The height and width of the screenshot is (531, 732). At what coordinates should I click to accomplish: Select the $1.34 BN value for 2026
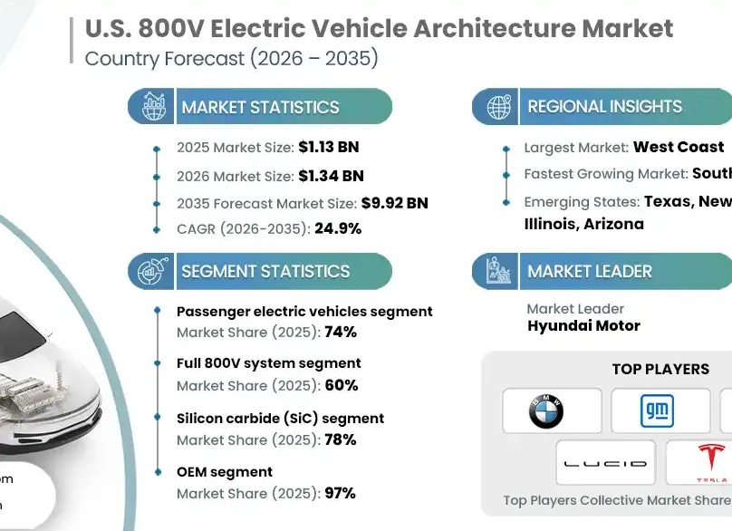pyautogui.click(x=331, y=176)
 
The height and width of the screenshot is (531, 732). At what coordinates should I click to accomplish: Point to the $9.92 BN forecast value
pyautogui.click(x=394, y=203)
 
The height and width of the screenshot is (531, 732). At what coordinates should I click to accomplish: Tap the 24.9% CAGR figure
pyautogui.click(x=338, y=228)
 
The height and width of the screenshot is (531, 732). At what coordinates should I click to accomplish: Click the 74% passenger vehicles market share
pyautogui.click(x=341, y=333)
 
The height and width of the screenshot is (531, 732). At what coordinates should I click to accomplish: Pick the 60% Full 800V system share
pyautogui.click(x=342, y=385)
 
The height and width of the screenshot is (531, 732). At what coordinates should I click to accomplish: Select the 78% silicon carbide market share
pyautogui.click(x=341, y=439)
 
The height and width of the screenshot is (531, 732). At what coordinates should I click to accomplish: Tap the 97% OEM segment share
pyautogui.click(x=341, y=493)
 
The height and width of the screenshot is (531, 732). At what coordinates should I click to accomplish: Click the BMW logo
pyautogui.click(x=546, y=411)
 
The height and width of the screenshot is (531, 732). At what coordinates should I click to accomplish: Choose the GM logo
pyautogui.click(x=657, y=411)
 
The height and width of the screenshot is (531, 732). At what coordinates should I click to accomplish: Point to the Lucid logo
pyautogui.click(x=604, y=463)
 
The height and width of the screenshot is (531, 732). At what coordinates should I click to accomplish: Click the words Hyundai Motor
pyautogui.click(x=583, y=326)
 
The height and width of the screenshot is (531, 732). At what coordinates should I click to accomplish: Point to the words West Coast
pyautogui.click(x=679, y=147)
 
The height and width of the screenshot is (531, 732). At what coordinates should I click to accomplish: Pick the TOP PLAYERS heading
pyautogui.click(x=660, y=370)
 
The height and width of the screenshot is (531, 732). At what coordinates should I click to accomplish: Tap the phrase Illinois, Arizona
pyautogui.click(x=584, y=224)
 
